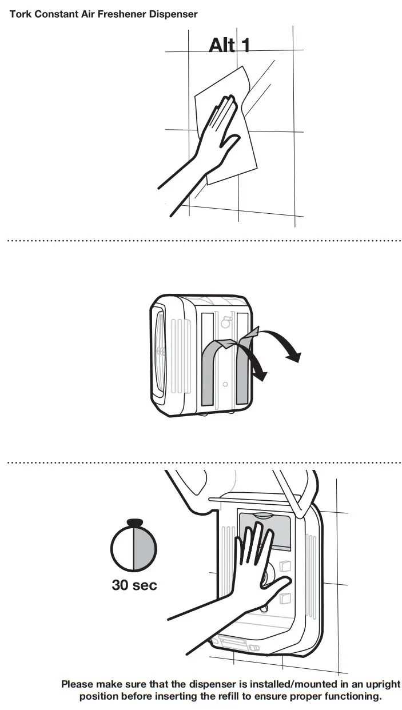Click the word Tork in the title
(19, 14)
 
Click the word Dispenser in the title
(173, 14)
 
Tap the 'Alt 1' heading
(229, 45)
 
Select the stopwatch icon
(133, 548)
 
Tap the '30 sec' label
(134, 585)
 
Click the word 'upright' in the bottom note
(381, 684)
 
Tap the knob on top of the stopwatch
(133, 522)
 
